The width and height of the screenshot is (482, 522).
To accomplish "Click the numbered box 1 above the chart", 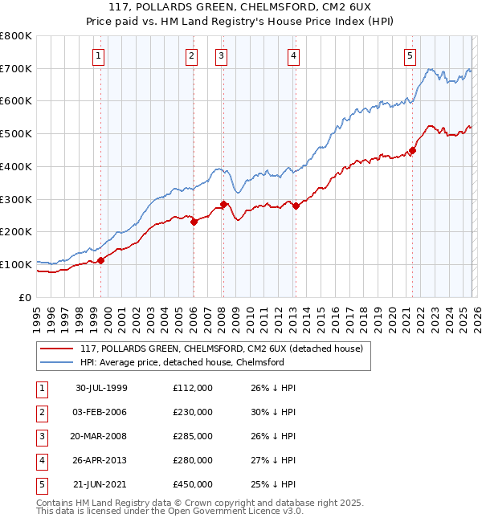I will [x=98, y=55].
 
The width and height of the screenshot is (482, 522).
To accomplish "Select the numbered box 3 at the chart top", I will [x=220, y=55].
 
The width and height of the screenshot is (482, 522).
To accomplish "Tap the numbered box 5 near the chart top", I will [x=410, y=55].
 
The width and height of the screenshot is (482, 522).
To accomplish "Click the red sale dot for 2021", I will [x=412, y=149].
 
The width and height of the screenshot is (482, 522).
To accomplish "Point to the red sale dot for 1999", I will [x=101, y=260].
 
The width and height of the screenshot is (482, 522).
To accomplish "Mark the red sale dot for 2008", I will [x=223, y=204].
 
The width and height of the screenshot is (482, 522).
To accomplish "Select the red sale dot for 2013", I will [x=296, y=206].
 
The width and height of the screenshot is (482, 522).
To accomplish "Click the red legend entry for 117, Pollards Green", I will [x=222, y=349].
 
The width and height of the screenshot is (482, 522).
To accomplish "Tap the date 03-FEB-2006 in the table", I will [x=101, y=412].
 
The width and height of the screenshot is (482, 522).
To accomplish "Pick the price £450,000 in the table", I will [x=192, y=484].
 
